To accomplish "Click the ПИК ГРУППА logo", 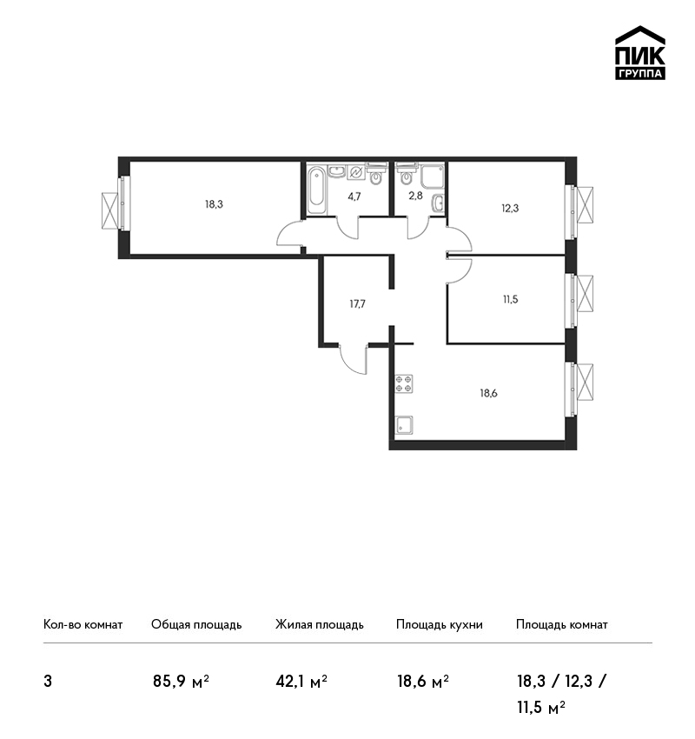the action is tap(640, 52).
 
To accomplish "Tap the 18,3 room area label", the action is tap(214, 204).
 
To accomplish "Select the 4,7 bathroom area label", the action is tap(354, 196).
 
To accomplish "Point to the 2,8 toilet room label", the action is tap(415, 195).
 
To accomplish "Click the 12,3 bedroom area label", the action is tap(510, 208).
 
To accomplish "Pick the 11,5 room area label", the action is tap(511, 299).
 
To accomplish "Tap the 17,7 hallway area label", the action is tap(357, 304).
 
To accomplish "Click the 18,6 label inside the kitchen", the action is tap(489, 393).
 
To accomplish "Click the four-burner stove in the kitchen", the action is tap(404, 383).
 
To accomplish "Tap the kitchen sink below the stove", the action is tap(404, 424).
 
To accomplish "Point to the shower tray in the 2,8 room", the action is tap(433, 176).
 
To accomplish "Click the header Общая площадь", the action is tap(196, 625).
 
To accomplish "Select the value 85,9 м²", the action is tap(181, 682).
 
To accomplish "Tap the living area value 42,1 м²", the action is tap(301, 682).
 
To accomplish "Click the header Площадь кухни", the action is tap(440, 625).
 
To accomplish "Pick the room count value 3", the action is tap(48, 682).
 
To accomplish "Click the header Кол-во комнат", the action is tap(83, 625).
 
